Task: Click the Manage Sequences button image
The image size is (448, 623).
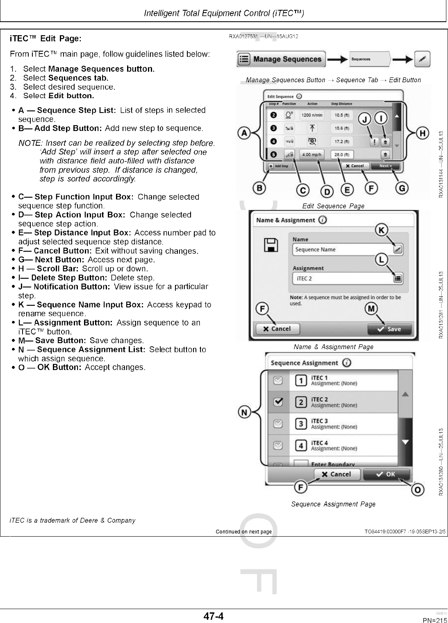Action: [281, 59]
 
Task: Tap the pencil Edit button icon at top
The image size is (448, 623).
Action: [422, 59]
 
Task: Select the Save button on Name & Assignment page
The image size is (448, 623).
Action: [389, 329]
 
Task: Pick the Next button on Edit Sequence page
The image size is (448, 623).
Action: [385, 166]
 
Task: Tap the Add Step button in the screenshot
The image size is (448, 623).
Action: [279, 166]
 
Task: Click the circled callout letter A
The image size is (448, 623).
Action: [245, 133]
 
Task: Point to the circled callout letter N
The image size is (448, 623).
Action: [245, 412]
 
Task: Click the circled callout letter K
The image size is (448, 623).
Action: [382, 230]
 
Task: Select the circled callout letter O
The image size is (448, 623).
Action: [418, 490]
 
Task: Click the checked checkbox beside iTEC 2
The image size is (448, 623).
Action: [278, 402]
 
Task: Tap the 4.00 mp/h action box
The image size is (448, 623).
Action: [312, 155]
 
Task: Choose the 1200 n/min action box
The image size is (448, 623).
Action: [312, 115]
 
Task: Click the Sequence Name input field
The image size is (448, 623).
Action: [342, 249]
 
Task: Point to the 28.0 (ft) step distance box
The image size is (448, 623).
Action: [341, 155]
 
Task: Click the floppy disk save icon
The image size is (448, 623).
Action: [271, 245]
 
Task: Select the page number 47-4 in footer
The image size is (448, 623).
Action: [214, 616]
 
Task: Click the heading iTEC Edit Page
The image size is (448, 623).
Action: [45, 38]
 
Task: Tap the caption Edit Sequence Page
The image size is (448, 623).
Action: [333, 206]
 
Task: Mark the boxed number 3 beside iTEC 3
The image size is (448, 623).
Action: [301, 424]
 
